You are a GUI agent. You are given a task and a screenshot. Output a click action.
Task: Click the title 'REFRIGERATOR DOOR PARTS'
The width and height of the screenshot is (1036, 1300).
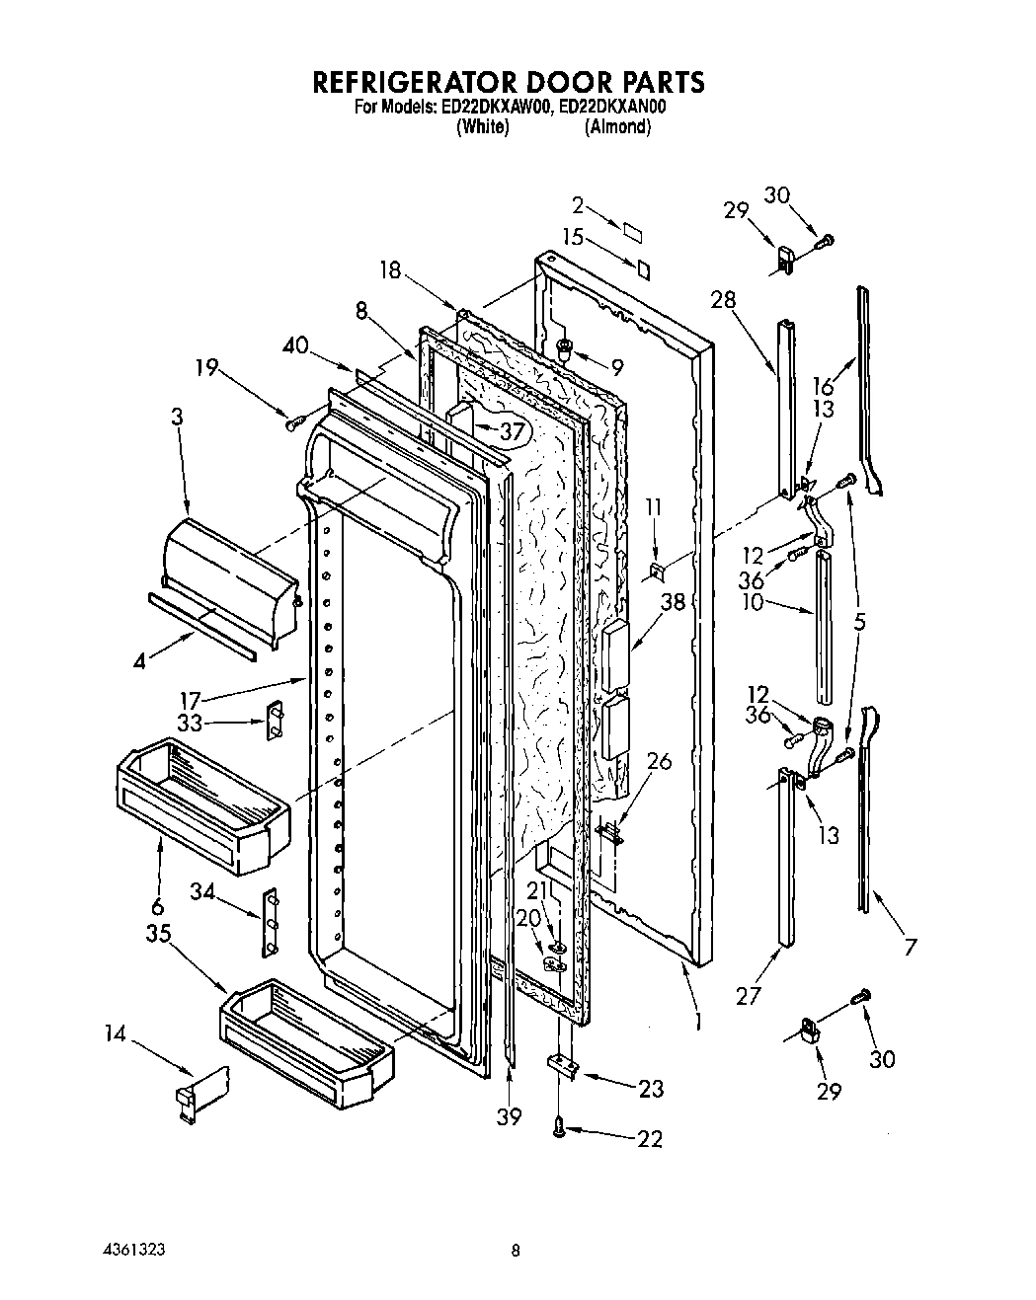(510, 81)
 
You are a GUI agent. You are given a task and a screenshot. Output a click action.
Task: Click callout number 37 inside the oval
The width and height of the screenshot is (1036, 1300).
(511, 430)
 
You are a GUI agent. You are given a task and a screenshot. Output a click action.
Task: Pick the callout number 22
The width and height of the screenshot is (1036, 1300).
(649, 1138)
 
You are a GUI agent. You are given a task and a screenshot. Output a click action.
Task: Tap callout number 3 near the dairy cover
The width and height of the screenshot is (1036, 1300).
(177, 418)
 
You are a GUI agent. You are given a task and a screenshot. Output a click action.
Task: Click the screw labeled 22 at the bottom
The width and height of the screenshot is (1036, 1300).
(561, 1123)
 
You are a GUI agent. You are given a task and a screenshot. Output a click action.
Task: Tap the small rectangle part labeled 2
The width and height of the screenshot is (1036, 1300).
(632, 227)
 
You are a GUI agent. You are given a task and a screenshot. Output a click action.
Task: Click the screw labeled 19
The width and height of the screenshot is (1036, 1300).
(292, 423)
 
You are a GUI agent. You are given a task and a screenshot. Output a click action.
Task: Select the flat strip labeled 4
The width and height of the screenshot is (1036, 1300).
(202, 624)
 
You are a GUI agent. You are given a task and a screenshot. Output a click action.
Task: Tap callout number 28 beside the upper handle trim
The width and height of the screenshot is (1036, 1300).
(724, 300)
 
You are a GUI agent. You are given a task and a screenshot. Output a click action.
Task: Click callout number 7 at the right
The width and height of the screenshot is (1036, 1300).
(910, 947)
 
